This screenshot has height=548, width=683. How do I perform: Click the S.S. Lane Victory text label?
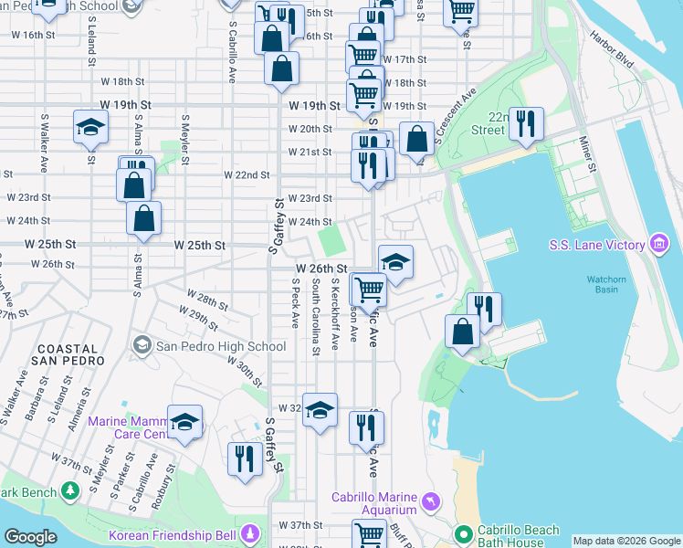point(598,245)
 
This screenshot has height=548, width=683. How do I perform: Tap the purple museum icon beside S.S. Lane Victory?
point(658,244)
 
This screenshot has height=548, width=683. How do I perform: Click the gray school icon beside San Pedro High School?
point(142,345)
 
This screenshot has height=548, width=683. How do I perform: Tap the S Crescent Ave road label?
point(457,116)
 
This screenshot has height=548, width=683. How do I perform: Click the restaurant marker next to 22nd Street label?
point(525,123)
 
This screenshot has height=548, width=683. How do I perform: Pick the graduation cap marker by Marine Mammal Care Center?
point(184,422)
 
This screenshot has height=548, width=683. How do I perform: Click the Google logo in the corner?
point(30,537)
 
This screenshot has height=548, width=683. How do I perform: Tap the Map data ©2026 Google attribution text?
point(626,542)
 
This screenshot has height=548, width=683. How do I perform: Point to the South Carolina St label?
point(315,317)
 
